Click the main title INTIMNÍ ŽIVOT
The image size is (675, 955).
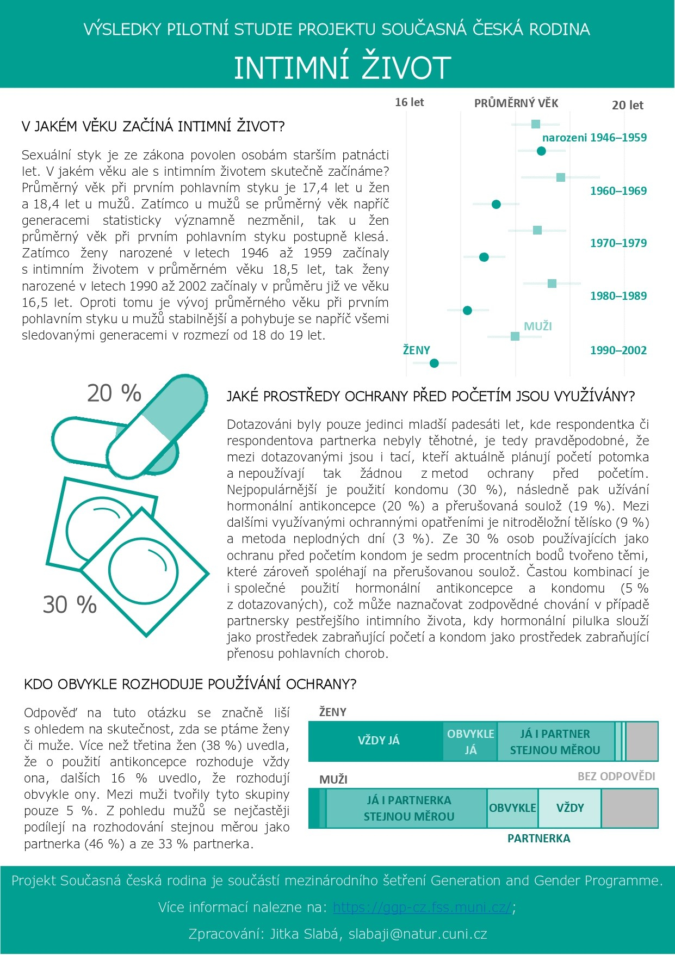click(x=342, y=67)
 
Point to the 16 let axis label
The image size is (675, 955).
click(x=409, y=102)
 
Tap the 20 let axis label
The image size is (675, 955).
click(x=627, y=105)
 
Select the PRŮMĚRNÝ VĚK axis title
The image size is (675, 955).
click(x=516, y=103)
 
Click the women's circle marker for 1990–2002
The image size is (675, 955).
click(x=434, y=363)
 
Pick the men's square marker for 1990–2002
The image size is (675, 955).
click(x=515, y=336)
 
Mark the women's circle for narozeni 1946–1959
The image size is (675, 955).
click(x=541, y=151)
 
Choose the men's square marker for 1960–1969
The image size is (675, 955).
click(x=561, y=177)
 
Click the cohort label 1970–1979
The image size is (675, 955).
click(x=618, y=243)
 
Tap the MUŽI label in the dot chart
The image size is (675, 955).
click(x=537, y=326)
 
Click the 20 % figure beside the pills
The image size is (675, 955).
click(x=114, y=393)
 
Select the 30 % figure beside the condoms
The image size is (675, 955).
click(x=70, y=605)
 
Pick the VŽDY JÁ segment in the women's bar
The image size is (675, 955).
click(x=378, y=741)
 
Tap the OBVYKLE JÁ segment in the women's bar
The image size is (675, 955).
click(x=470, y=741)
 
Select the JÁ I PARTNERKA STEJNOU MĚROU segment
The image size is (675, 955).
click(x=408, y=808)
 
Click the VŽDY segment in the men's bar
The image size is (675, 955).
click(x=570, y=808)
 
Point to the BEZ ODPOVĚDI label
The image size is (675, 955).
click(x=616, y=776)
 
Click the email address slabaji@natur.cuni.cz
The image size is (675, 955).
click(x=418, y=934)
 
